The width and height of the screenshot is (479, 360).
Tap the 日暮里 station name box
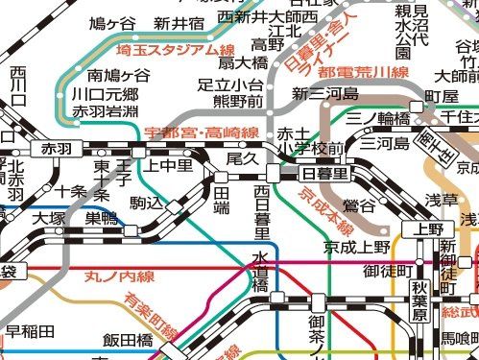pos(324,173)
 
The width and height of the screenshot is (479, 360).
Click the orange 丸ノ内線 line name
pos(119,276)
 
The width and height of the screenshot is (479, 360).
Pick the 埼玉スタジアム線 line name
pos(175,50)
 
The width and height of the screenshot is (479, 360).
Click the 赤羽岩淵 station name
pos(105,112)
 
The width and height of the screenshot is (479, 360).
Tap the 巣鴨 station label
pos(100,219)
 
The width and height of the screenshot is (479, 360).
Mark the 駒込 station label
pos(147,203)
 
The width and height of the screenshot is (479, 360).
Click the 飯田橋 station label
pos(129,340)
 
